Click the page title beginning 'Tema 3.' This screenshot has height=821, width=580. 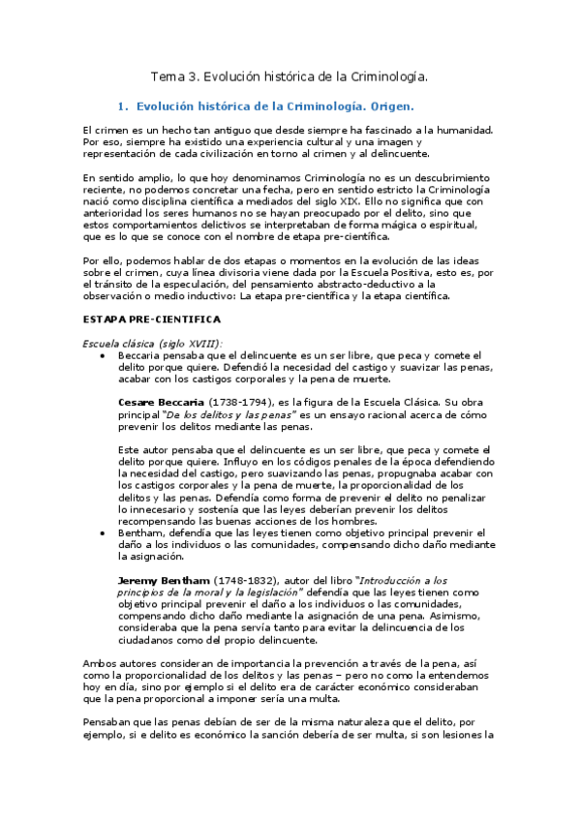pos(290,76)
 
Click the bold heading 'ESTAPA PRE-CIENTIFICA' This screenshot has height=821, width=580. pos(152,319)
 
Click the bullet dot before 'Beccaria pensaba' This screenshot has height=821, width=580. pos(103,355)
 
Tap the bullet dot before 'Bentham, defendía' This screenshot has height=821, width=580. pos(103,533)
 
